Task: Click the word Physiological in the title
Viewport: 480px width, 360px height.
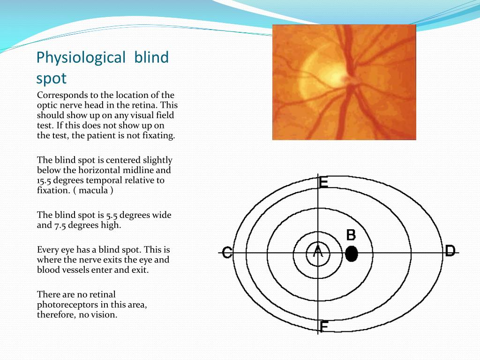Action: coord(81,58)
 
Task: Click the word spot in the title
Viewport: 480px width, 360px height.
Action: coord(51,79)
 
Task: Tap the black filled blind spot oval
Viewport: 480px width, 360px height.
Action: coord(352,254)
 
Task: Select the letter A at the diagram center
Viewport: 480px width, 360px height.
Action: coord(318,251)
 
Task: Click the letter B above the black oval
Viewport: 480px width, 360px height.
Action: coord(351,235)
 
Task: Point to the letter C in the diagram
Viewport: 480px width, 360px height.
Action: coord(227,253)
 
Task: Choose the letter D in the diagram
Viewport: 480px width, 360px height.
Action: coord(450,251)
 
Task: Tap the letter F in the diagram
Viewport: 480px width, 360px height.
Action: coord(324,326)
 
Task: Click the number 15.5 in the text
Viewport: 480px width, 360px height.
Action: coord(45,180)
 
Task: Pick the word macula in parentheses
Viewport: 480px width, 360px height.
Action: coord(93,190)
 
